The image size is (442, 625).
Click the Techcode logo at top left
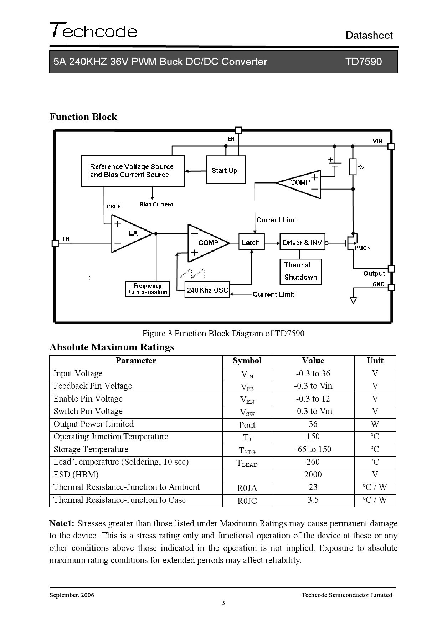(x=93, y=30)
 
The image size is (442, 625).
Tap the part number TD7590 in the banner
(x=363, y=62)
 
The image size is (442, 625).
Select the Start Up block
(x=226, y=170)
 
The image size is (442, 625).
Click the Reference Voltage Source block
(x=133, y=171)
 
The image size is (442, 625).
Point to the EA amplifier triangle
(x=130, y=233)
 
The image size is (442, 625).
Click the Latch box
(x=251, y=242)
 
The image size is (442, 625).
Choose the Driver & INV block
(x=302, y=242)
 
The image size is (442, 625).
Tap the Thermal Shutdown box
(x=300, y=271)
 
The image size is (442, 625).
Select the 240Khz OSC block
(x=207, y=290)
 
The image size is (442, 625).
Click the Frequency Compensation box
(x=148, y=289)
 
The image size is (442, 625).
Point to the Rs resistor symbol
(x=353, y=166)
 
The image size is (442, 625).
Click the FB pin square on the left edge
(x=55, y=243)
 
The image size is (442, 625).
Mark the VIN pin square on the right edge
(x=391, y=146)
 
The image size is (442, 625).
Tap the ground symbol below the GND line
(x=353, y=300)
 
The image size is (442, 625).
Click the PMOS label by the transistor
(x=363, y=248)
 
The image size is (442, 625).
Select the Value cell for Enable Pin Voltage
(x=313, y=399)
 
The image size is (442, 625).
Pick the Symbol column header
(x=247, y=361)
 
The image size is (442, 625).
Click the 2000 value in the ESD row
(x=313, y=475)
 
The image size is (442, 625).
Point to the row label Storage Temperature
(x=91, y=449)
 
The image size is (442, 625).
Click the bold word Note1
(x=62, y=523)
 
